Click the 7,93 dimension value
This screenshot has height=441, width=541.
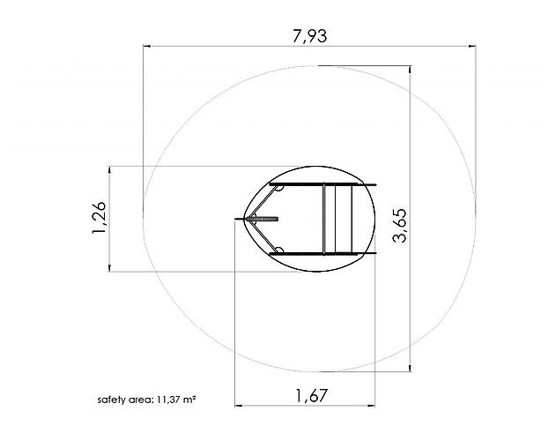(x=309, y=36)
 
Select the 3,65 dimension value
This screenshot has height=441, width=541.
(x=400, y=226)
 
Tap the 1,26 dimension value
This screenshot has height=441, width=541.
(x=100, y=218)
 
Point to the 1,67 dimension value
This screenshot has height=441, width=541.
(x=311, y=396)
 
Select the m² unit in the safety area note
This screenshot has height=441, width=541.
(x=189, y=400)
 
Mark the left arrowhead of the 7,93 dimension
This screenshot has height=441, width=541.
(x=146, y=46)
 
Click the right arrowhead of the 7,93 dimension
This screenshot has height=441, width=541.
(x=472, y=46)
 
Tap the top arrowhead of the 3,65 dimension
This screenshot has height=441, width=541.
(x=410, y=70)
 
